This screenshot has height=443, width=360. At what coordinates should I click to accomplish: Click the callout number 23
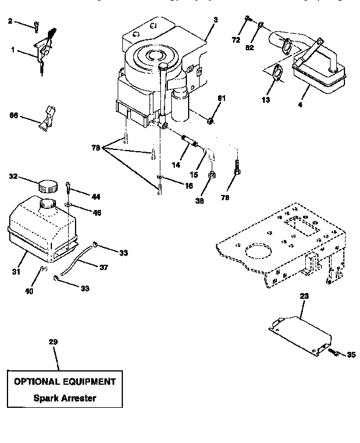click(x=303, y=295)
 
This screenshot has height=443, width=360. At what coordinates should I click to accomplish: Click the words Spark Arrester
click(x=65, y=398)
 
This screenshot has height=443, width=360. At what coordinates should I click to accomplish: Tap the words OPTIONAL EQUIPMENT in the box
click(x=65, y=381)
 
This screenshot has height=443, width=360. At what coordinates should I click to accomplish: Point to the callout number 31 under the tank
click(x=17, y=271)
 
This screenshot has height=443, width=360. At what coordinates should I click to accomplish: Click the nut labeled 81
click(x=211, y=121)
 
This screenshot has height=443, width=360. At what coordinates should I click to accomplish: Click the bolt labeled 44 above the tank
click(x=69, y=187)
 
